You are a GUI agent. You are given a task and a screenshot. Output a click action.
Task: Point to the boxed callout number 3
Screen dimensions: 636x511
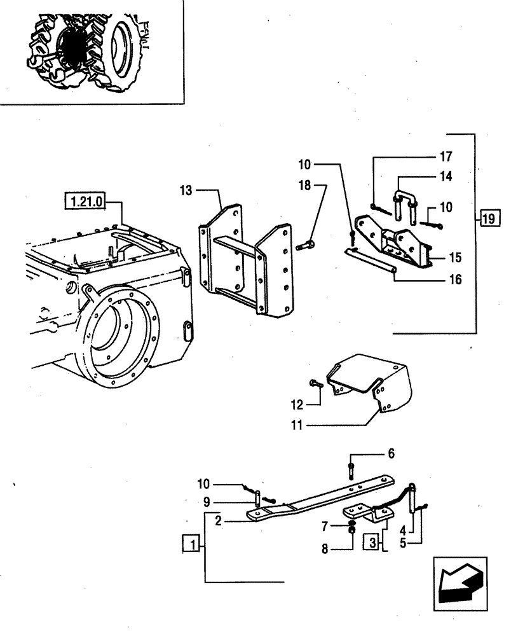pos(372,543)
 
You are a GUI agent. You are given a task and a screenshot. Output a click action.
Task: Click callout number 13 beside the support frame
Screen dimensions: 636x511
pos(185,190)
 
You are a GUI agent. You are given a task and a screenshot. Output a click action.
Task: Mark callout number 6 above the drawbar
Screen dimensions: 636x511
pos(391,453)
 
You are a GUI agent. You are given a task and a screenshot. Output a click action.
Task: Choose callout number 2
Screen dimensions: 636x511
pos(217,521)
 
